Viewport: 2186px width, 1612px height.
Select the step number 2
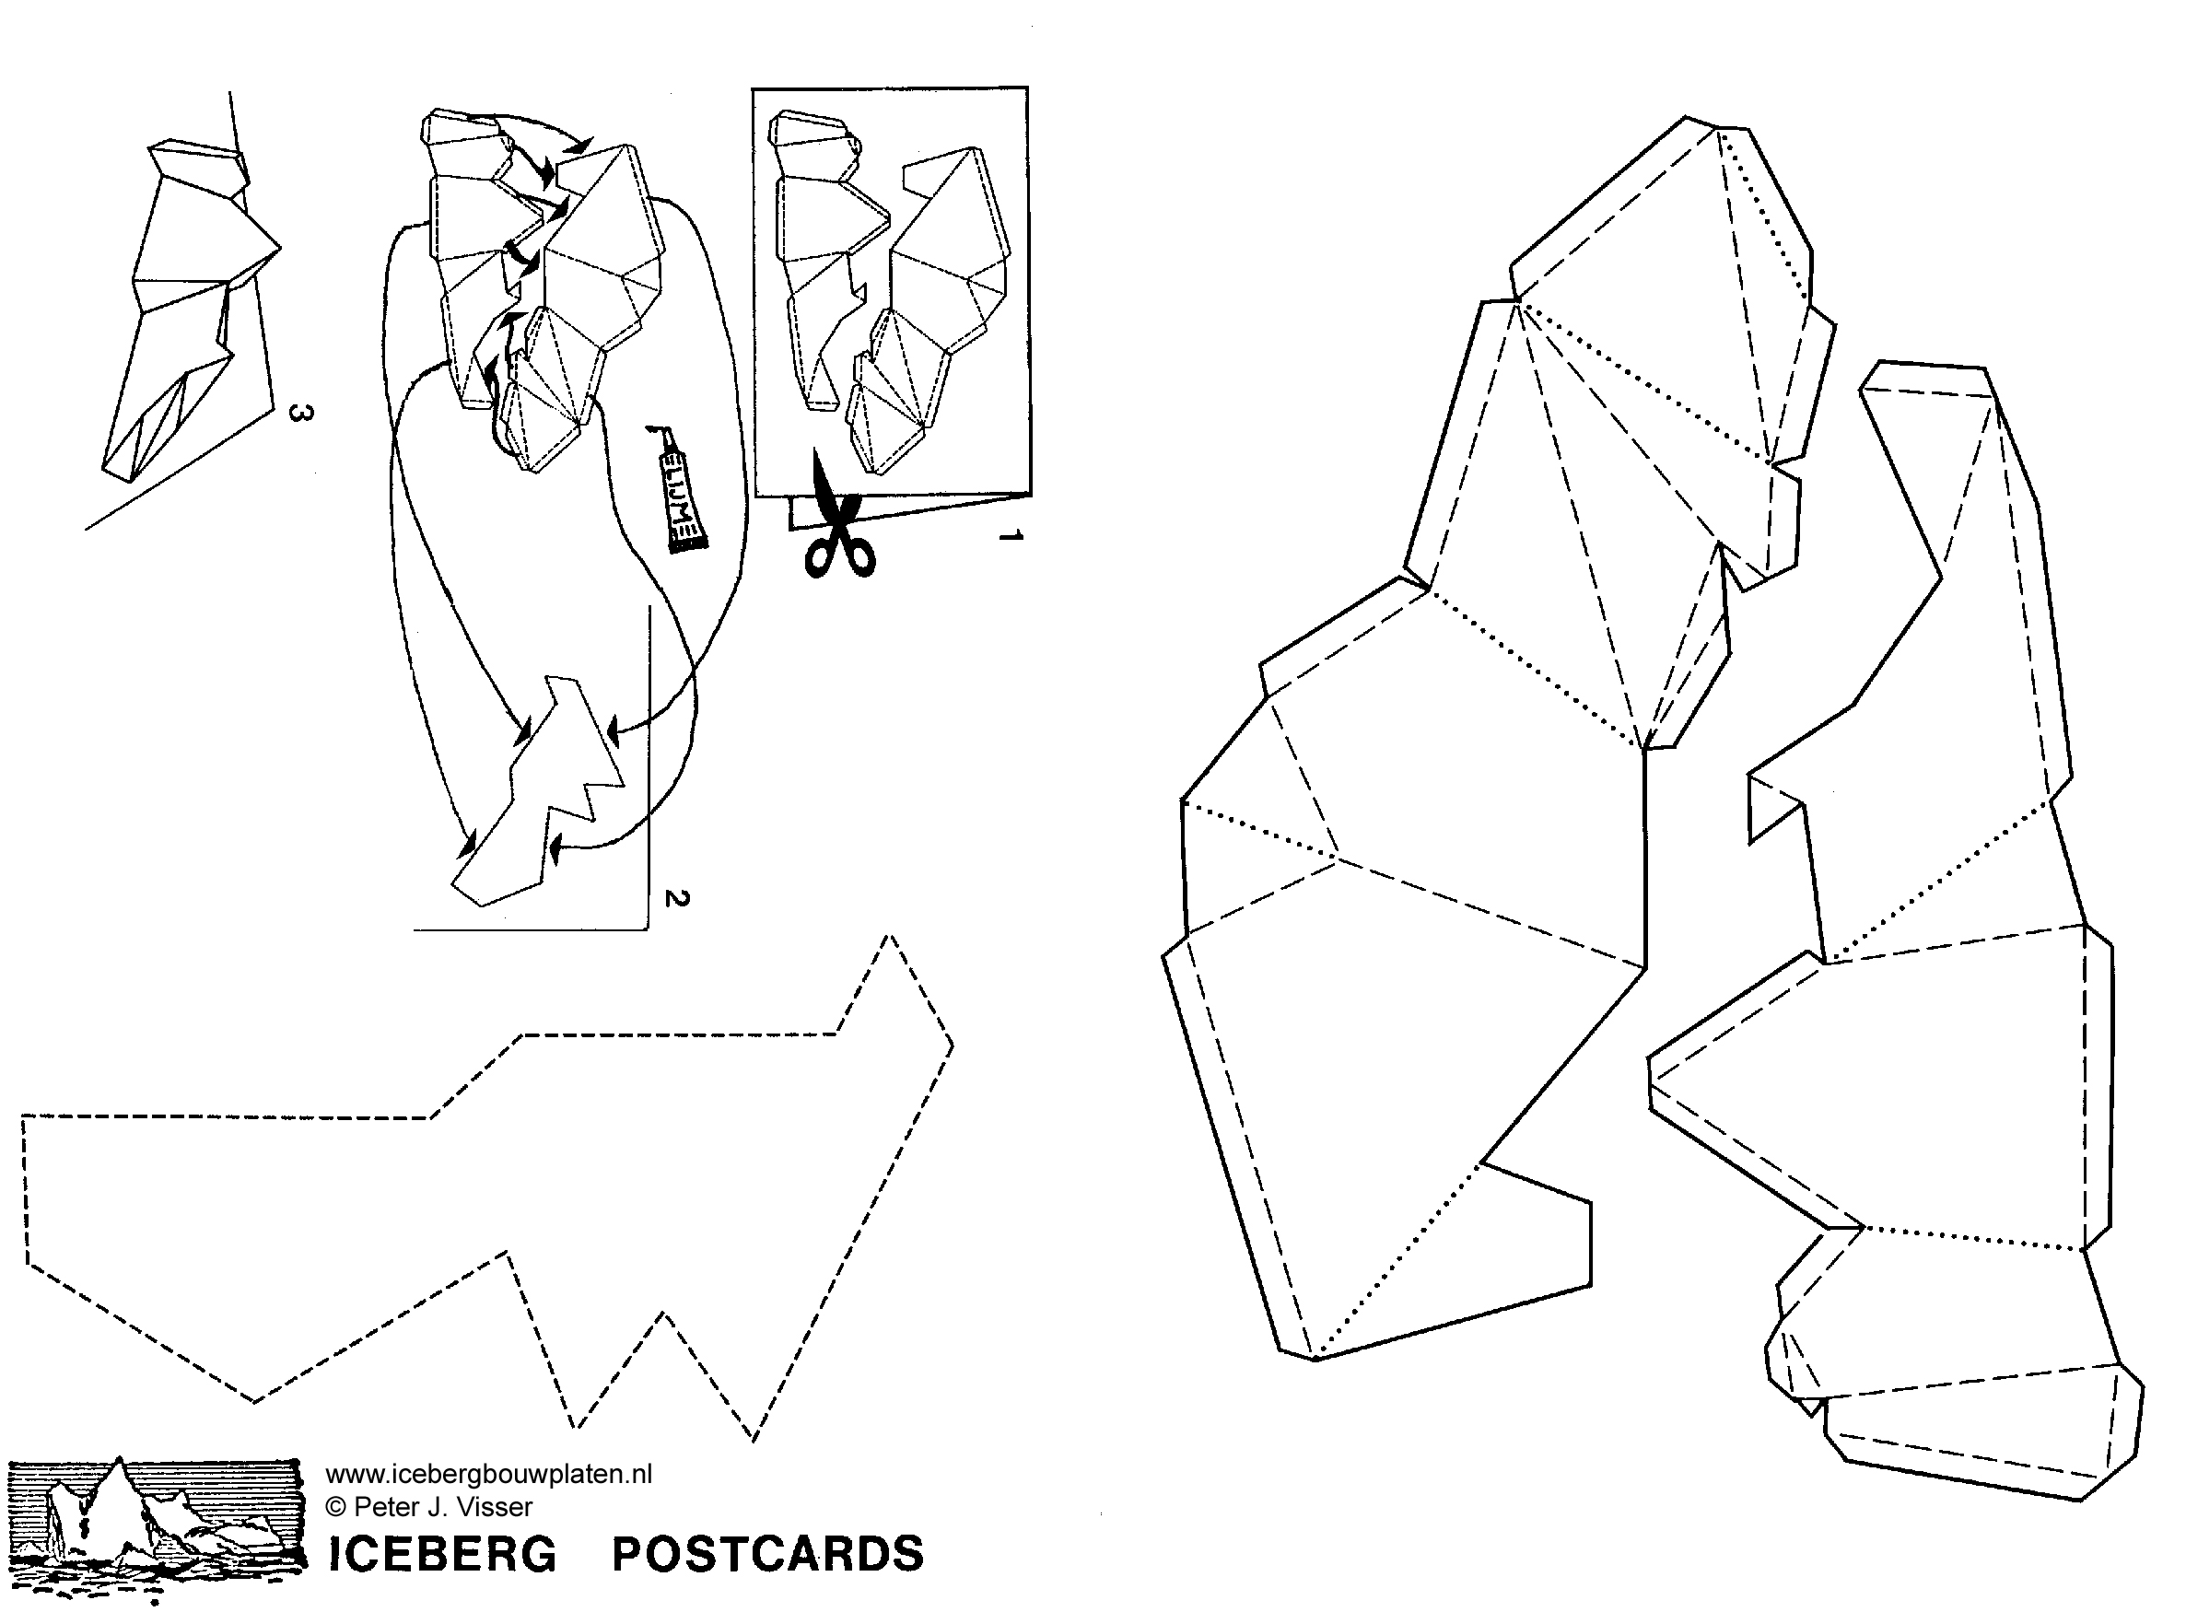click(x=676, y=898)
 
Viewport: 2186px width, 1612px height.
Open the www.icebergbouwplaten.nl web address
click(x=488, y=1475)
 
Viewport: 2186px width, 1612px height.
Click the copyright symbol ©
click(x=335, y=1508)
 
